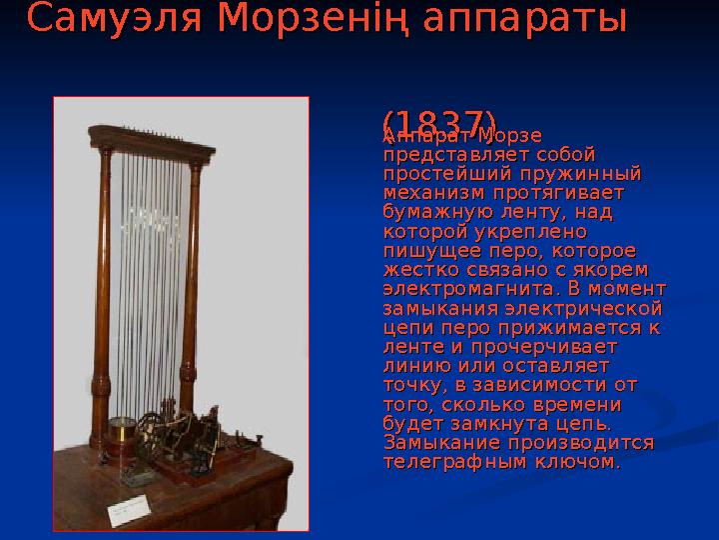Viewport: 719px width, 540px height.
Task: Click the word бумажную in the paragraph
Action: [428, 211]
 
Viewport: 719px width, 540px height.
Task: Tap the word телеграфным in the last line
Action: [453, 462]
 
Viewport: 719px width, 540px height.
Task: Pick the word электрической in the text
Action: [600, 309]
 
